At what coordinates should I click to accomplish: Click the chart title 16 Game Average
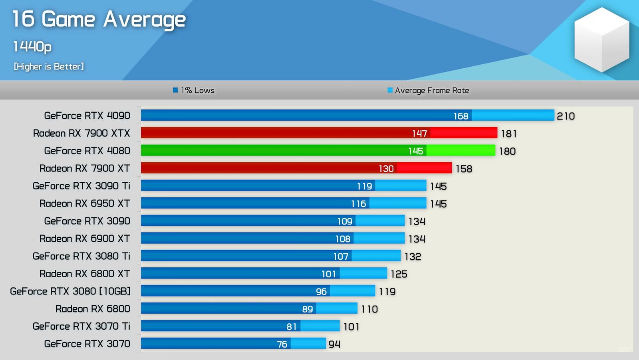coord(99,19)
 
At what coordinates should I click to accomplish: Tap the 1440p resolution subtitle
coord(32,47)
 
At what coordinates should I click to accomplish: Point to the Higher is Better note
coord(49,66)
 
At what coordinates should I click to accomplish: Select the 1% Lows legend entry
coord(194,90)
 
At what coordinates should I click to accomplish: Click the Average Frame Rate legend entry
coord(429,90)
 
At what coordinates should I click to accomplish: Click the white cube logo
coord(601,40)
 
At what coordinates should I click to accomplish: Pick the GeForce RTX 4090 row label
coord(87,115)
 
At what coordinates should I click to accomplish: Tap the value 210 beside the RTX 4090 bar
coord(566,116)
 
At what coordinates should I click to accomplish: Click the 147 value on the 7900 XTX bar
coord(419,133)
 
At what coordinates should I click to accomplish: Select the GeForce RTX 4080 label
coord(87,151)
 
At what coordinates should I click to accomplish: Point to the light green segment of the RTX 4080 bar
coord(461,151)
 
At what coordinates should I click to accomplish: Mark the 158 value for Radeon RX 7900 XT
coord(464,169)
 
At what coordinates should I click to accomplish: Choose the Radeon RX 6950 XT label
coord(85,203)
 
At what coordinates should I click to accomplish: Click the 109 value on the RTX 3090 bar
coord(345,221)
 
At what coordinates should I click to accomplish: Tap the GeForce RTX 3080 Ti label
coord(81,256)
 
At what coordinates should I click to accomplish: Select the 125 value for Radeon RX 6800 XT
coord(399,274)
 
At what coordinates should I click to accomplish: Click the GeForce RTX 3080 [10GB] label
coord(70,291)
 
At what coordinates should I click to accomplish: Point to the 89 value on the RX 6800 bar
coord(308,309)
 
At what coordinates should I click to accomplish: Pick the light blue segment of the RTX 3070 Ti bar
coord(320,326)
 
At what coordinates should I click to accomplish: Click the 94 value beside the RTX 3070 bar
coord(334,344)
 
